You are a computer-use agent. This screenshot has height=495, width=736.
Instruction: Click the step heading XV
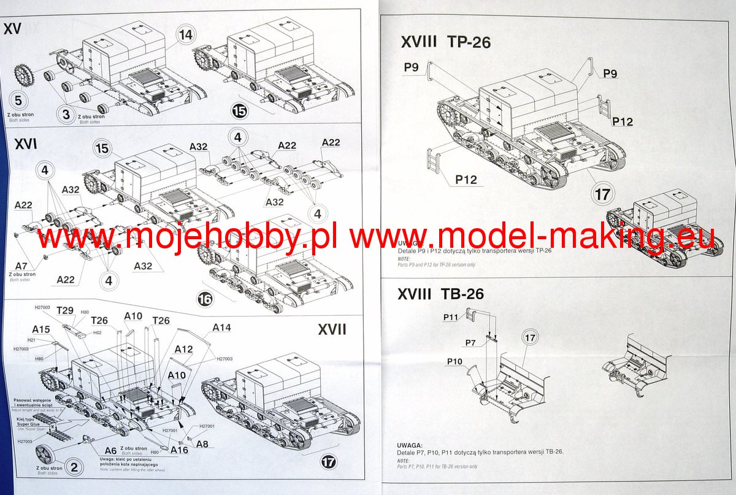13,28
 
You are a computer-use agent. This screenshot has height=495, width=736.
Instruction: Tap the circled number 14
186,36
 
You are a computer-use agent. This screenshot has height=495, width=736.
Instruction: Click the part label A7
21,265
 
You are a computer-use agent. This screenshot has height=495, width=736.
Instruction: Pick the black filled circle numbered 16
206,299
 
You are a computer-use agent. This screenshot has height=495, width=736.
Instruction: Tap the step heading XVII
332,329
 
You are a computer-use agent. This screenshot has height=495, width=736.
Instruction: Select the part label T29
65,310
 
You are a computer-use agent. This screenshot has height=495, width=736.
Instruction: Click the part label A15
41,329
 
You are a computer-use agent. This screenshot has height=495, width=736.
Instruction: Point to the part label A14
221,328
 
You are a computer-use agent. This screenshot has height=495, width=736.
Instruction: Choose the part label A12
183,349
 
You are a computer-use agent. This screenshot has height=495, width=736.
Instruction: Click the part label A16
180,450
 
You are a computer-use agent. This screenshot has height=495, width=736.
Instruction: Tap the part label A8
202,444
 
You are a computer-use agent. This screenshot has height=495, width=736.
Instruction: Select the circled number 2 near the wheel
74,468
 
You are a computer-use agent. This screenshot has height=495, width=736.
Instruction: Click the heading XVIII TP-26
445,42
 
